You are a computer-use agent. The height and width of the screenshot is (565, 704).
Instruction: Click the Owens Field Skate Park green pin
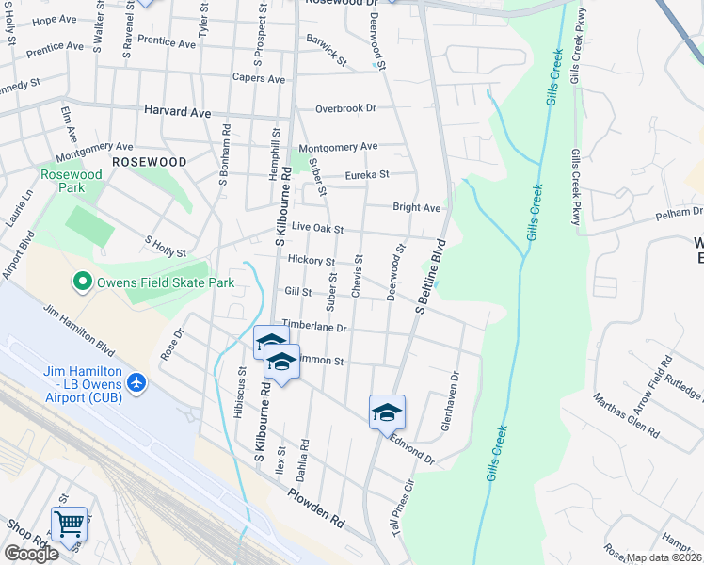pyautogui.click(x=83, y=281)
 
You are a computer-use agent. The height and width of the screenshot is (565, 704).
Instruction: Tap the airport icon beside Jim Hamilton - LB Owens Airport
pyautogui.click(x=137, y=382)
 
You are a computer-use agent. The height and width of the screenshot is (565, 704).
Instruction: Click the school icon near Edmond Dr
pyautogui.click(x=386, y=412)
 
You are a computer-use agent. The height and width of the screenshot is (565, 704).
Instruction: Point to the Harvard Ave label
pyautogui.click(x=177, y=111)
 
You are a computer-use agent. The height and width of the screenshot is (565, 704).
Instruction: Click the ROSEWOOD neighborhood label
pyautogui.click(x=149, y=162)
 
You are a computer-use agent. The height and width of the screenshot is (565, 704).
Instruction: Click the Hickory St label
pyautogui.click(x=312, y=260)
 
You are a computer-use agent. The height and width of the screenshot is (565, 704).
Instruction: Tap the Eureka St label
pyautogui.click(x=366, y=174)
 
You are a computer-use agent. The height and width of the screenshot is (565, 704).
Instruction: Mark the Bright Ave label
pyautogui.click(x=416, y=207)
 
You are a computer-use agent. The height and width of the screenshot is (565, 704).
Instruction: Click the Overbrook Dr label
pyautogui.click(x=345, y=108)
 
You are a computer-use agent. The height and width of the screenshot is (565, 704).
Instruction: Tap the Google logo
pyautogui.click(x=30, y=553)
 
